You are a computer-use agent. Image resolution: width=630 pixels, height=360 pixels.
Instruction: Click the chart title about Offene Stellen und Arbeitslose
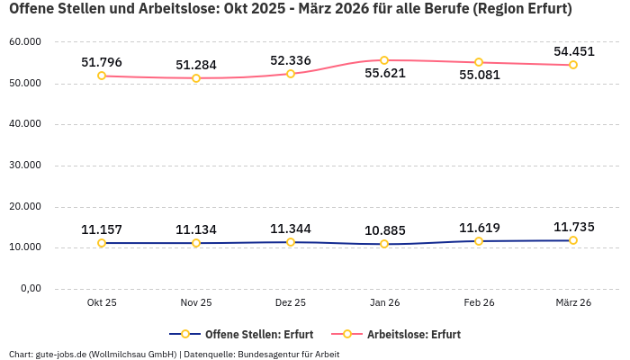(290, 10)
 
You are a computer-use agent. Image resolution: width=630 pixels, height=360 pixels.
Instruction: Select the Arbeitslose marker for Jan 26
(384, 60)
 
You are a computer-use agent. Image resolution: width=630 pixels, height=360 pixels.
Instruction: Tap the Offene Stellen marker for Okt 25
(102, 243)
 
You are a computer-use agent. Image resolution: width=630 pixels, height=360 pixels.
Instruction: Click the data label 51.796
(102, 62)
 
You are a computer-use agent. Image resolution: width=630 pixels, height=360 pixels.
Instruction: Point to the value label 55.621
(384, 74)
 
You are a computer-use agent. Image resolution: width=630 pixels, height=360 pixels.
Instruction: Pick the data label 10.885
(384, 229)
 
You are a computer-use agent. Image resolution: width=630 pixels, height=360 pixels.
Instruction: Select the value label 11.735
(573, 227)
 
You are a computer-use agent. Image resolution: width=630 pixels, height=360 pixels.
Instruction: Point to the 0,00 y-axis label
(30, 289)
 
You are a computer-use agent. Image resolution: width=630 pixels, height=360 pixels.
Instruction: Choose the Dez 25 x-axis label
(290, 303)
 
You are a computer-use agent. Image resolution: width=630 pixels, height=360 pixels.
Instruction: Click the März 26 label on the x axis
(573, 303)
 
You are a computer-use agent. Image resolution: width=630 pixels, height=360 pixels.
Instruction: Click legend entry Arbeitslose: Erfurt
(413, 334)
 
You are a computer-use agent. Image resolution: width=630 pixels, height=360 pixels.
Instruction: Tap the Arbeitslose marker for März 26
(573, 65)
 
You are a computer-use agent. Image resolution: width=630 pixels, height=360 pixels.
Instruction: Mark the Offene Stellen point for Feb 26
(479, 241)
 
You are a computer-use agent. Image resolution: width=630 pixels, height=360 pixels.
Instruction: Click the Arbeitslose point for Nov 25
(196, 78)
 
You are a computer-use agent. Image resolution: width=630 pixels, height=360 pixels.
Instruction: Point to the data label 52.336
(290, 60)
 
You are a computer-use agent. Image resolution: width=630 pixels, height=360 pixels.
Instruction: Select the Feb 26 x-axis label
(479, 303)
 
